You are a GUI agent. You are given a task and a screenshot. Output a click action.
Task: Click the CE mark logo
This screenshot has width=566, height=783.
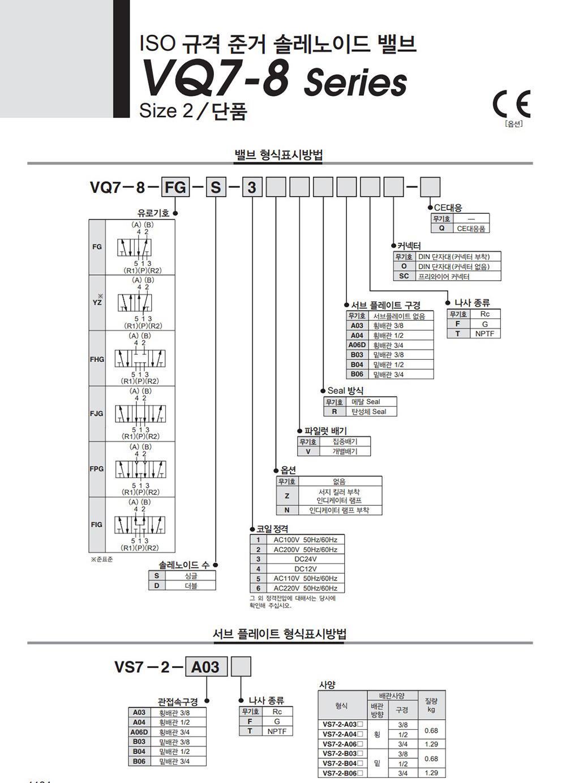click(512, 104)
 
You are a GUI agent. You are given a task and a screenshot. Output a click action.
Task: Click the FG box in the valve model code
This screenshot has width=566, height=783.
click(175, 187)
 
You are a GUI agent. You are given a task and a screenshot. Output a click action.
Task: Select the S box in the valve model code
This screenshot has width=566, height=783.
click(216, 187)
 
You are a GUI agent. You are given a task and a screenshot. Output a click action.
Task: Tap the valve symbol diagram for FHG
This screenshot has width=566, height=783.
click(140, 358)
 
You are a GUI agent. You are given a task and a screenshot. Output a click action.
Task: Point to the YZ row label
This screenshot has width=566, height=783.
click(97, 303)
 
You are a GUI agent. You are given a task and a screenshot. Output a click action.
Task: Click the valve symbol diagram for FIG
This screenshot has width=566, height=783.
click(140, 524)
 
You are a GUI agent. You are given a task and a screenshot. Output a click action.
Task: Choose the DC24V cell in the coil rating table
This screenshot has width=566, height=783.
click(306, 559)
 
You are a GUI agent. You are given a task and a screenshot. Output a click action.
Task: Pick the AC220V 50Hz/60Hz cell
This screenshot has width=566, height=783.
click(306, 588)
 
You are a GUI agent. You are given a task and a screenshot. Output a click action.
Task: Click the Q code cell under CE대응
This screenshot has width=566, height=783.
click(442, 228)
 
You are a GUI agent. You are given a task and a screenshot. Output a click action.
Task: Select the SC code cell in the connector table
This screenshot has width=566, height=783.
click(404, 276)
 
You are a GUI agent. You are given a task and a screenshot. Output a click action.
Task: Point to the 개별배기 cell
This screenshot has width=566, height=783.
click(345, 451)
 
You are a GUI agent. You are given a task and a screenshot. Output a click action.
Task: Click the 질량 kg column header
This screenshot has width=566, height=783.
click(431, 705)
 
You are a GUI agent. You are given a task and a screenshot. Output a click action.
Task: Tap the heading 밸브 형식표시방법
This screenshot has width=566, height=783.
click(278, 155)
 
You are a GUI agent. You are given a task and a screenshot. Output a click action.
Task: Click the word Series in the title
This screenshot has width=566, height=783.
click(355, 82)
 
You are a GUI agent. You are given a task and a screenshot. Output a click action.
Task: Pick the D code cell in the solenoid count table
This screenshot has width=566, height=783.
click(157, 586)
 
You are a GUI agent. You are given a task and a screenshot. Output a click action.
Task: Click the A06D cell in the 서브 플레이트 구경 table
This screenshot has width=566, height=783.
click(357, 345)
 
